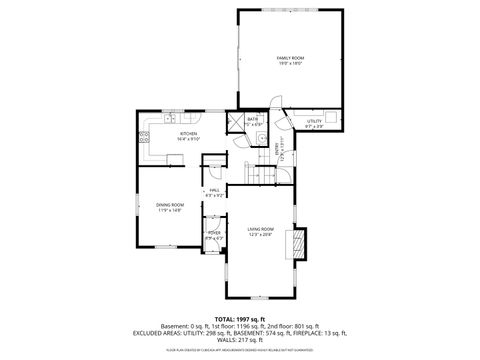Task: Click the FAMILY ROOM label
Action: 289,59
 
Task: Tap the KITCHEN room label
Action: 188,133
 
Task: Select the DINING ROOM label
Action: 169,205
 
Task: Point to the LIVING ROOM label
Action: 261,229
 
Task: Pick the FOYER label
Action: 213,233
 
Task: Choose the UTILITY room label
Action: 314,120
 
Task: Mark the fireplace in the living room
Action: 296,243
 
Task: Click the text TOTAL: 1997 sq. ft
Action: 239,321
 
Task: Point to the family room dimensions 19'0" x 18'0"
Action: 289,65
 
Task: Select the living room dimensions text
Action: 261,235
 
